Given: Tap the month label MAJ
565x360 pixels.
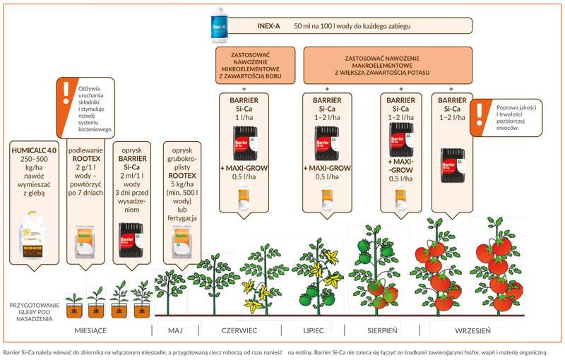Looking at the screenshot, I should point(175,329).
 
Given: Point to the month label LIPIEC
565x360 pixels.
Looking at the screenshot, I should point(312,329).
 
